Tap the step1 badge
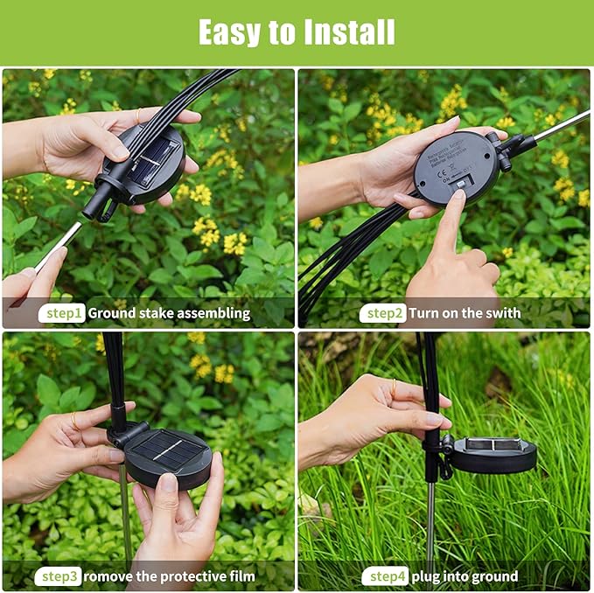pos(62,313)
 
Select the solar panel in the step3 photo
pos(166,451)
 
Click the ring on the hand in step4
pos(394,385)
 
